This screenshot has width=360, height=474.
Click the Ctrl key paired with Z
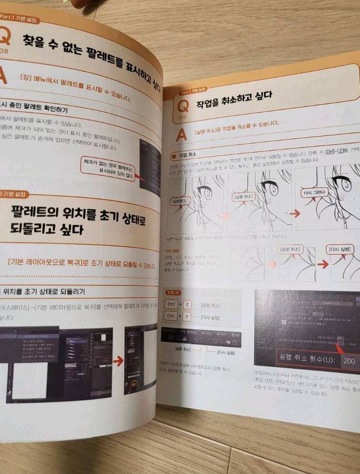(171, 304)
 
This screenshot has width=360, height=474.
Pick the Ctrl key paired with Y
(171, 316)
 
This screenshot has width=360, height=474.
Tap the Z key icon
(187, 304)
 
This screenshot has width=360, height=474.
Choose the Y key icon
(187, 316)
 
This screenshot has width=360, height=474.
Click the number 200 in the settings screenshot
(349, 360)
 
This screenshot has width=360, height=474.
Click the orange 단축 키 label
(173, 292)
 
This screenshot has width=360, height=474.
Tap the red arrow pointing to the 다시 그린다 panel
(295, 213)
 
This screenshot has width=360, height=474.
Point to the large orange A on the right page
(181, 135)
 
